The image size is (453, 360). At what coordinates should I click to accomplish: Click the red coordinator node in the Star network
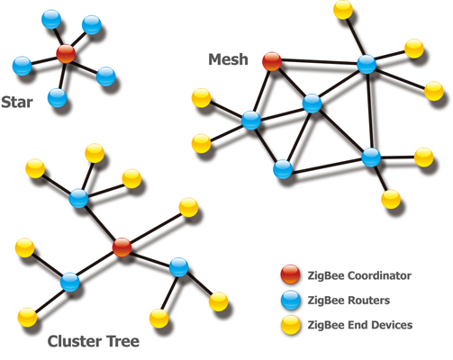point(65,53)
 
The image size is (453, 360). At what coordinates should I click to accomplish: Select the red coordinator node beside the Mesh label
point(272,61)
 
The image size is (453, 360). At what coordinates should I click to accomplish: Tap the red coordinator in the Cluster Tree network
point(122,246)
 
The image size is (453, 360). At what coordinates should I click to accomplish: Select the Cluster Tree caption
point(94,342)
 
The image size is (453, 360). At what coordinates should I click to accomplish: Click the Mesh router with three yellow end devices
point(366,64)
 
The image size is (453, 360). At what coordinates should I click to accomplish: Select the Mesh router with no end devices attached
point(283,167)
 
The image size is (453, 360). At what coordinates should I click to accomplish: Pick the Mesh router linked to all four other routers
point(312,103)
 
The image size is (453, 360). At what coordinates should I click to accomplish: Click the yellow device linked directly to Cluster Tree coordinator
point(188,207)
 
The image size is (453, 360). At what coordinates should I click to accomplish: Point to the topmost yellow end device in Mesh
point(342,10)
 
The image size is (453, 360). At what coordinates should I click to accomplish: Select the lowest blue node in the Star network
point(58,96)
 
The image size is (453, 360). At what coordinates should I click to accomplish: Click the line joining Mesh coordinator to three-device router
point(319,62)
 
